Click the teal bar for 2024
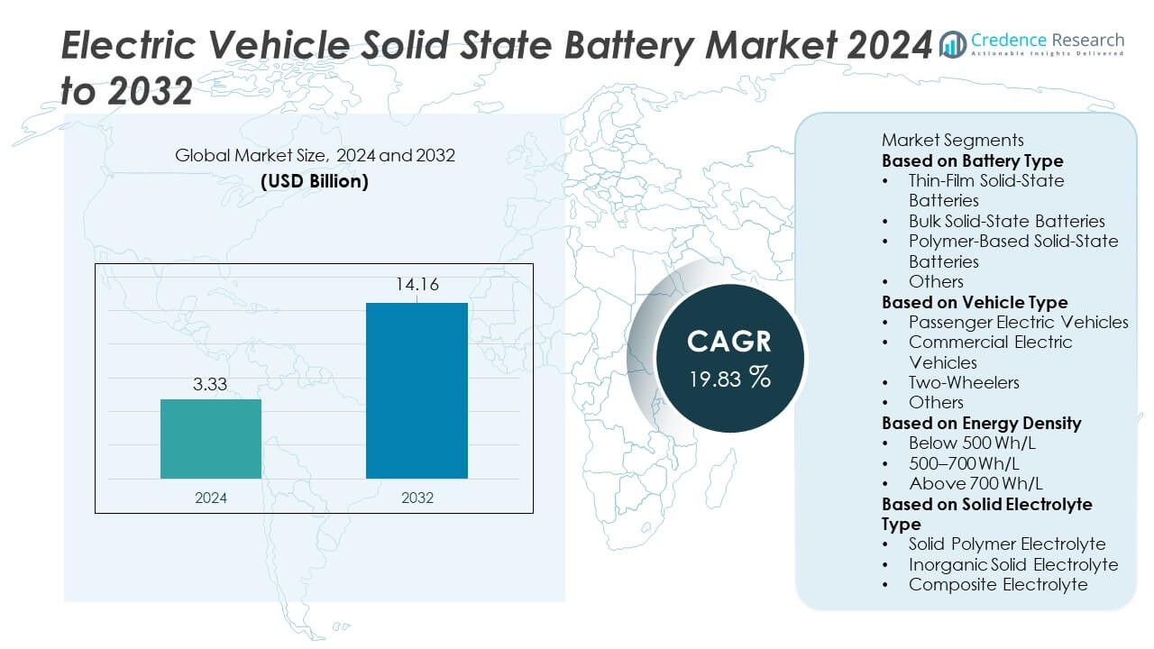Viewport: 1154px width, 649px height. pos(211,439)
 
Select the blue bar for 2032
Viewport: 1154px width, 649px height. pos(417,390)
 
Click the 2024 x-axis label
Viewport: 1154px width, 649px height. pos(211,497)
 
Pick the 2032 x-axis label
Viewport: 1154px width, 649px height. pos(417,497)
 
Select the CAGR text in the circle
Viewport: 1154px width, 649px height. pos(729,341)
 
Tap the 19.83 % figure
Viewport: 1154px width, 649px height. pos(729,378)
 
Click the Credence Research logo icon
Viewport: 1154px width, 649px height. pos(953,43)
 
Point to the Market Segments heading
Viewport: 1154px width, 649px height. pos(952,140)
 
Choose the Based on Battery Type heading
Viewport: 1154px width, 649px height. pos(972,160)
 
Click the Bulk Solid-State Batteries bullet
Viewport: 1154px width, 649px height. pos(1006,221)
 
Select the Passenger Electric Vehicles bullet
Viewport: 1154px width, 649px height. pos(1018,322)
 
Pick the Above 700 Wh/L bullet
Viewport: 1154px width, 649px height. pos(963,483)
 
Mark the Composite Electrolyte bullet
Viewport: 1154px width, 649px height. pos(998,584)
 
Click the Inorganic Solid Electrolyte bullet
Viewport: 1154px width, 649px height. pos(1012,564)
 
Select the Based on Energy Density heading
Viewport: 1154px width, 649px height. pos(981,423)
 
